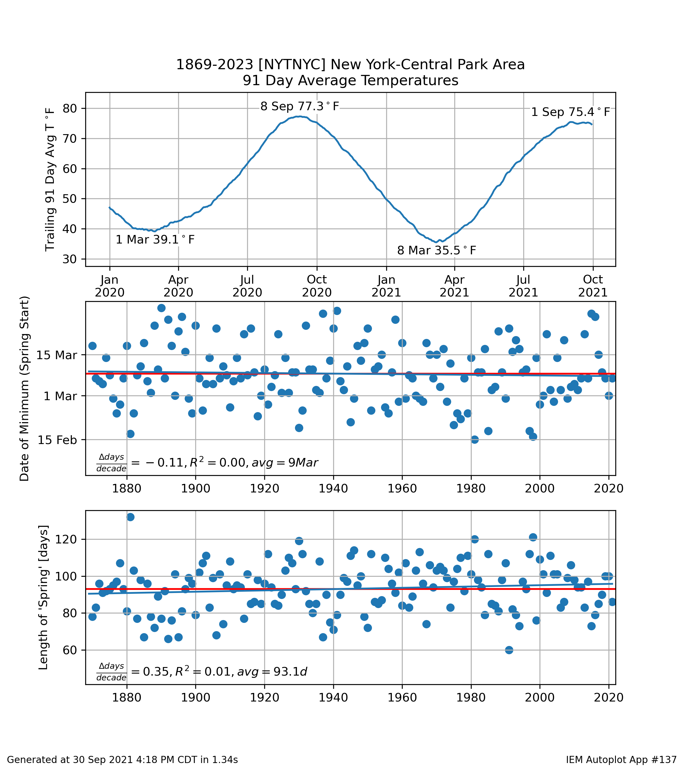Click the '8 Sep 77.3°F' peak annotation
coord(300,107)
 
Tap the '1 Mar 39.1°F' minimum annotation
coord(155,240)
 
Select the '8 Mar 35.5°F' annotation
coord(437,250)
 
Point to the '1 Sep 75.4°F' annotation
coord(570,112)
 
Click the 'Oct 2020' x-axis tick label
coord(317,286)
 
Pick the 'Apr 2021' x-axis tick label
coord(454,286)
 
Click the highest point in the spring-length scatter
coord(130,517)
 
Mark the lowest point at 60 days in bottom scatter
coord(509,650)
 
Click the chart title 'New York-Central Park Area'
coord(427,65)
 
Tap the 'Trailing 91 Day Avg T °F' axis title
coord(50,179)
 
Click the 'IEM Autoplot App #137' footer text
coord(621,760)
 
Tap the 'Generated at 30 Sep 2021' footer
coord(122,760)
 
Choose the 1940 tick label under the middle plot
coord(333,489)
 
